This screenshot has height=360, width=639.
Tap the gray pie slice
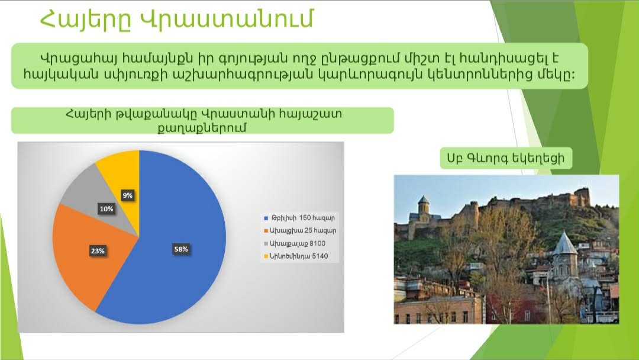click(106, 208)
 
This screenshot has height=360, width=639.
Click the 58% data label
click(181, 249)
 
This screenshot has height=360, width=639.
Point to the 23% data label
click(98, 250)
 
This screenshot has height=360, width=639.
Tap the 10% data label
click(106, 209)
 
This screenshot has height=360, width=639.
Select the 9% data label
click(128, 195)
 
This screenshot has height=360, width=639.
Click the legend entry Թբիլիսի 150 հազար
click(299, 218)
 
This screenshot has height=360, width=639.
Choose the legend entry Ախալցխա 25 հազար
click(300, 230)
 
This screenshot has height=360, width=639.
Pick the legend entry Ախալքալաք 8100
click(295, 243)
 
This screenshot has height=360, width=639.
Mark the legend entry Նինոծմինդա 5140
click(296, 256)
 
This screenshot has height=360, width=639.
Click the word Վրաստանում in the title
click(227, 19)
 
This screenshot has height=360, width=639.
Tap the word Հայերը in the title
click(86, 20)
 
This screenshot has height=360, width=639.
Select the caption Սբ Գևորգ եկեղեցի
click(506, 158)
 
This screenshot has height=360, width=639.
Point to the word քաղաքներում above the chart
click(202, 128)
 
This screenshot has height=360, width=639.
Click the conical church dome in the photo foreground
click(564, 243)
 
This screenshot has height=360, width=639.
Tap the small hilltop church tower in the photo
click(424, 205)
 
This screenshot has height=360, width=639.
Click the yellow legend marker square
click(266, 256)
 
